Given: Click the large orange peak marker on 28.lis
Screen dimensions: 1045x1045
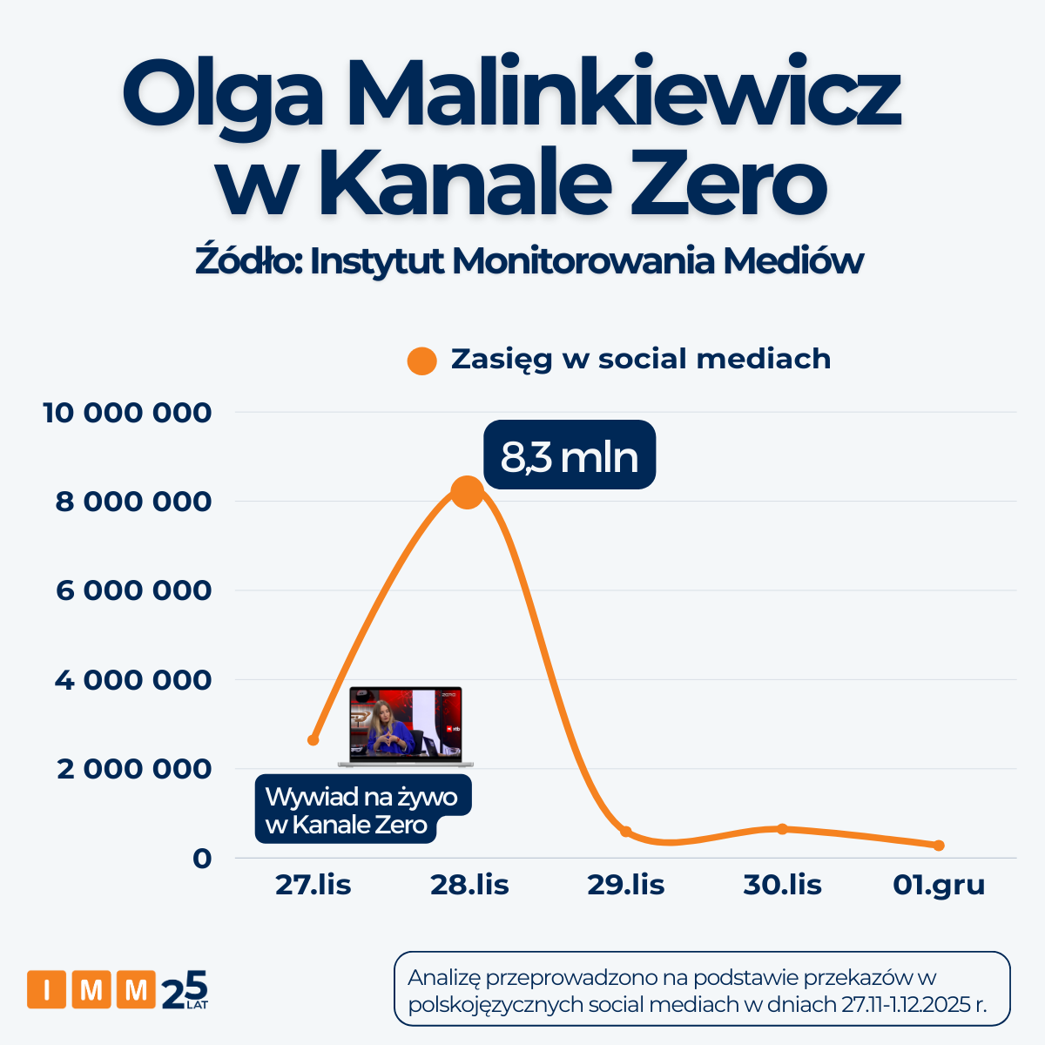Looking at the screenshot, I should pos(468,492).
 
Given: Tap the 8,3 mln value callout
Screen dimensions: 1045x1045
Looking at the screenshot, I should pos(570,455).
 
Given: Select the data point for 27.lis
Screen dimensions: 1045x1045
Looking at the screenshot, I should pos(313,740).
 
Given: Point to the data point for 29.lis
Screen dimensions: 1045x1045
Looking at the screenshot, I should pos(625,832).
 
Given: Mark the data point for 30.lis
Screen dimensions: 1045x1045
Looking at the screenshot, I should pos(782,828).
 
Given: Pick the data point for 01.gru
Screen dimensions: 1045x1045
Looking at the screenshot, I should pos(939,846).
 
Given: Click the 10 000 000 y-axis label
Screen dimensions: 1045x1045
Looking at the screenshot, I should pos(127,413).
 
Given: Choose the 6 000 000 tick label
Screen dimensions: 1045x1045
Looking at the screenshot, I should pos(133,590).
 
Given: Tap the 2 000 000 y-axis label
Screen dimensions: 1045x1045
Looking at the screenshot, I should pos(134,769).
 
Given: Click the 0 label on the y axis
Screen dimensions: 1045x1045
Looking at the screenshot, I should pos(202,859).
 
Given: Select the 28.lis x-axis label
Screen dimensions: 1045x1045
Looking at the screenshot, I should pos(469,886).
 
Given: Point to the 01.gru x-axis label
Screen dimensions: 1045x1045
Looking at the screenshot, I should pos(939,886).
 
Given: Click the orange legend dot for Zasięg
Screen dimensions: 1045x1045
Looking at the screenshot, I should pos(422,361).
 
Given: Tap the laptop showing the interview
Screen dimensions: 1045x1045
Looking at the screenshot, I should pos(405,726).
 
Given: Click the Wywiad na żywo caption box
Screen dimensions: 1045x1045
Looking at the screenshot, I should pos(362,810).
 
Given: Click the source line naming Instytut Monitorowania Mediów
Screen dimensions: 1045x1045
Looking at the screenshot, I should pos(529,261).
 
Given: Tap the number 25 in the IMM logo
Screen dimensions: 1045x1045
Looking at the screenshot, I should pos(185,989).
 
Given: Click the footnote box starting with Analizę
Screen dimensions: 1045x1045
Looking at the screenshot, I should pos(702,989).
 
